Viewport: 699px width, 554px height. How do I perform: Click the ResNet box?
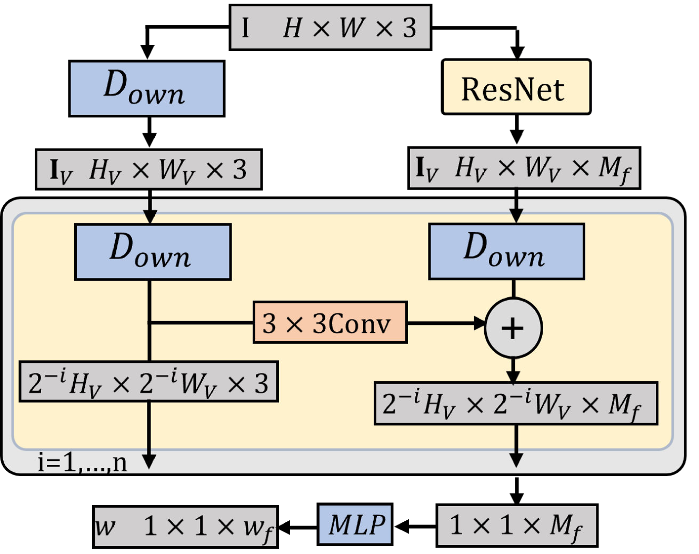[516, 87]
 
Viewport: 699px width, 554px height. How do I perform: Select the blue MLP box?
[355, 525]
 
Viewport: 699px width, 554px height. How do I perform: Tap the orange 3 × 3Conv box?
[330, 322]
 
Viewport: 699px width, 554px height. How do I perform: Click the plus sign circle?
[513, 328]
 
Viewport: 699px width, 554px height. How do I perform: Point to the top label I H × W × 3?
[330, 27]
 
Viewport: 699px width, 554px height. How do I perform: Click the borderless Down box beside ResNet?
[146, 88]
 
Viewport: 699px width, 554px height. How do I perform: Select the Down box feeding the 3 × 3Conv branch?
[153, 252]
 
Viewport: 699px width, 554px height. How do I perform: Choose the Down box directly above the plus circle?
[506, 251]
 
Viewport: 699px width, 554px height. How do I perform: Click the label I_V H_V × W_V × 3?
[148, 170]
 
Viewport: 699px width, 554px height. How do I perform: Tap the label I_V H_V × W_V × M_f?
[524, 168]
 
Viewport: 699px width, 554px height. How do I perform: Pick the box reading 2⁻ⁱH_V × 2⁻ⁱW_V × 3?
[148, 382]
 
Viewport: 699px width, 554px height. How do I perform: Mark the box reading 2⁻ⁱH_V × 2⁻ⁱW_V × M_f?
[516, 403]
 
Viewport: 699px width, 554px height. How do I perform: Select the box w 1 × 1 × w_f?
[185, 526]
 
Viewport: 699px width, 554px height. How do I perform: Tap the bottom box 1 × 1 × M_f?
[516, 525]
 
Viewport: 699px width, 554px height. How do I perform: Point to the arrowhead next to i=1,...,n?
[150, 461]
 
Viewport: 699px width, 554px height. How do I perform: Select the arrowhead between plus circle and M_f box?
[513, 376]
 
